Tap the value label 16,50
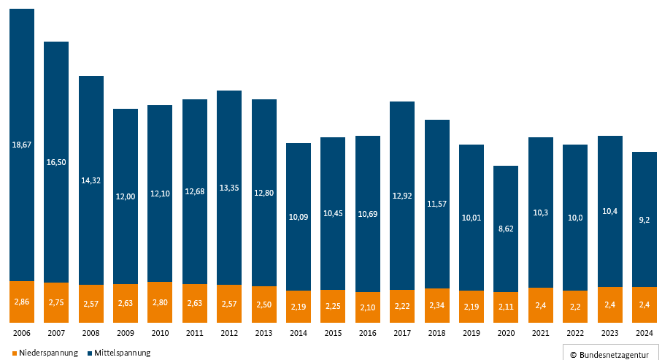pyautogui.click(x=56, y=162)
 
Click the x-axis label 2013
pyautogui.click(x=264, y=333)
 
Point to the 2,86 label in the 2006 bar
pyautogui.click(x=22, y=302)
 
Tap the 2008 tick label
pyautogui.click(x=91, y=333)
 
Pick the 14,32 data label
pyautogui.click(x=91, y=180)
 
